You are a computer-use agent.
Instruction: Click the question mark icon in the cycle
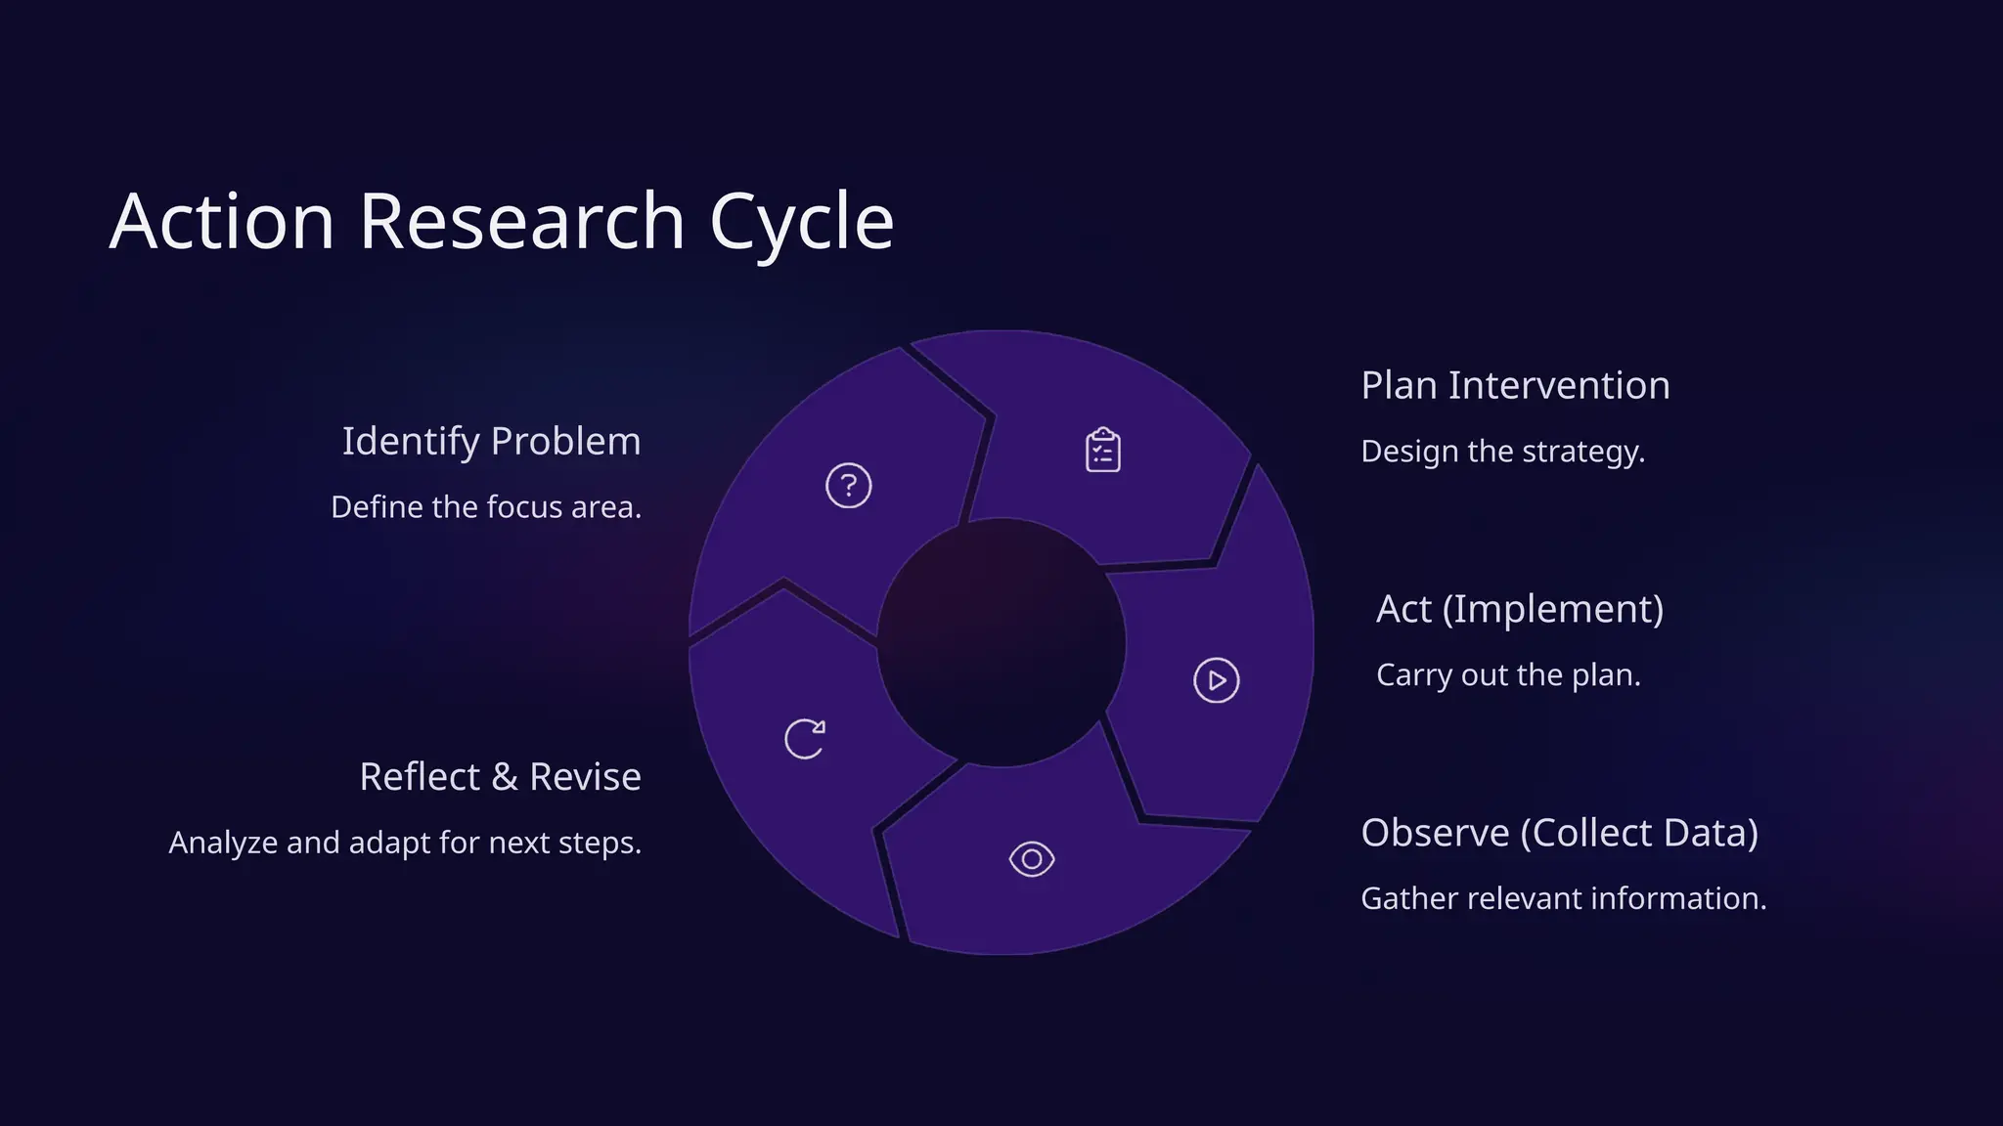[848, 486]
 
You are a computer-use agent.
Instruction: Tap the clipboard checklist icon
[1103, 451]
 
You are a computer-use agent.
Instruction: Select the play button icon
[1217, 680]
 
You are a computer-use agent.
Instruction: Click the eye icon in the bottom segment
[1032, 859]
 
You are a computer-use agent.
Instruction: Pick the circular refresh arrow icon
[805, 739]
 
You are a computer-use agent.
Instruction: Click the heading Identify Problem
[491, 442]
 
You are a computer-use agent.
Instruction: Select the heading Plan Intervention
[1515, 386]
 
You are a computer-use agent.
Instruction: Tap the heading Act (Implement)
[1519, 609]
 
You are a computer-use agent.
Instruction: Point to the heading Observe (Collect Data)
[1559, 833]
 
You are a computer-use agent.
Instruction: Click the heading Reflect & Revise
[500, 777]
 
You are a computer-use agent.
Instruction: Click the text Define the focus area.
[486, 507]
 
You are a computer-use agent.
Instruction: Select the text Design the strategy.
[1502, 452]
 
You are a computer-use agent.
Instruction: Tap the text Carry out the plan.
[1507, 675]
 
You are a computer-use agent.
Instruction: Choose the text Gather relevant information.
[1563, 898]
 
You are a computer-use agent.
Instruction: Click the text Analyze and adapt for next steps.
[405, 843]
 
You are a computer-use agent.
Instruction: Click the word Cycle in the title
[801, 223]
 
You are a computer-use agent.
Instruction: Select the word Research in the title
[521, 222]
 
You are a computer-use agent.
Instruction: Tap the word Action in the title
[223, 222]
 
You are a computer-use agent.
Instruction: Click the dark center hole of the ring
[1001, 642]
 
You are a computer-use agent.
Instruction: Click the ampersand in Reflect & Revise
[504, 777]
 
